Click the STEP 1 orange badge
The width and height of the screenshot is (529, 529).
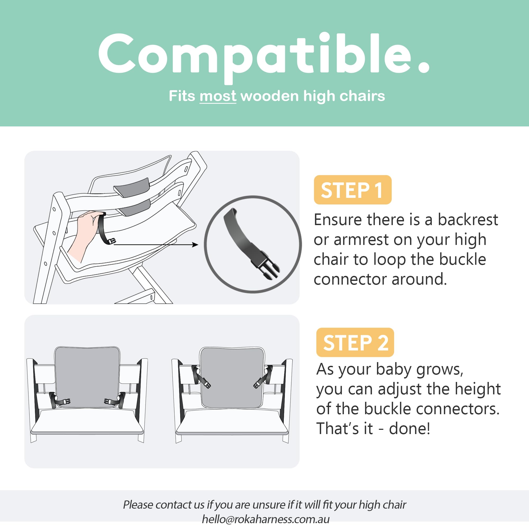[x=352, y=190]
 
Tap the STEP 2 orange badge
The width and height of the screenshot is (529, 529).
[x=355, y=342]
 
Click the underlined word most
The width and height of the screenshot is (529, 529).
[x=218, y=96]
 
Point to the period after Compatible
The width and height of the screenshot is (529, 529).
[x=423, y=67]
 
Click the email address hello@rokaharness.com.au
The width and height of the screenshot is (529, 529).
[x=265, y=519]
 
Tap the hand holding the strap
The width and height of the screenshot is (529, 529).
[x=85, y=230]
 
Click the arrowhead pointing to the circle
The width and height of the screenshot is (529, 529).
[x=195, y=244]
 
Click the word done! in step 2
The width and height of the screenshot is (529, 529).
[x=409, y=428]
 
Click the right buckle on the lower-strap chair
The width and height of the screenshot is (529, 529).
[x=110, y=402]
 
